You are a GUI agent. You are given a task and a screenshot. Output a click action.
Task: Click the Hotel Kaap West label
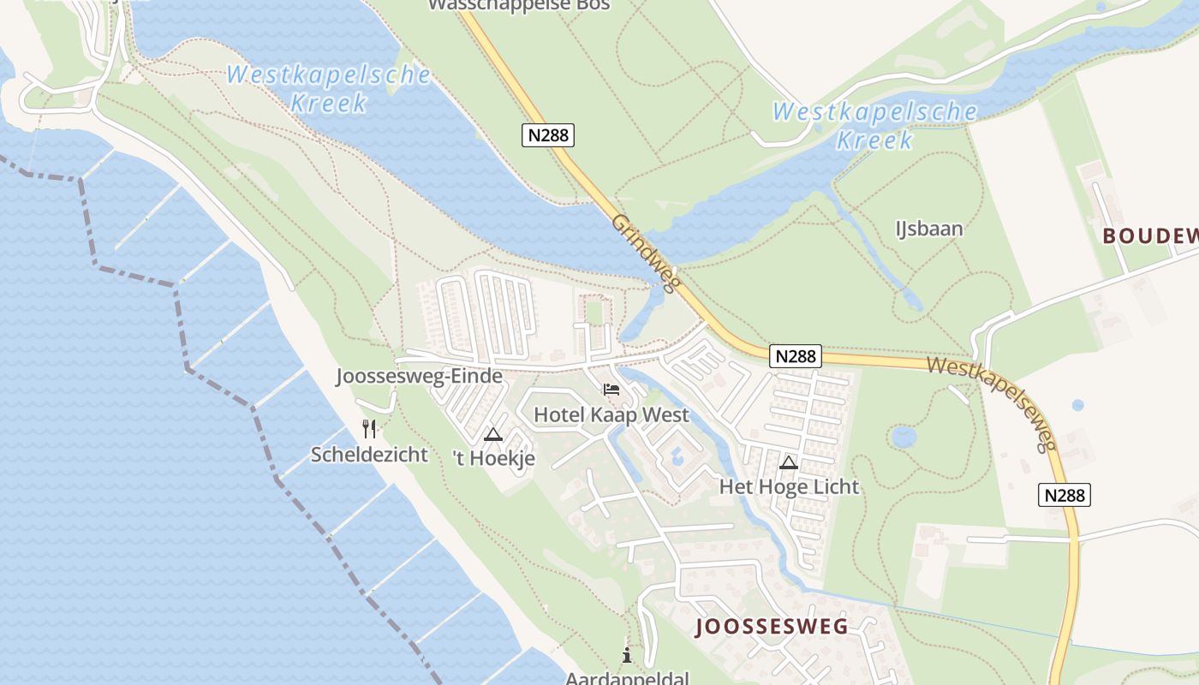(x=611, y=415)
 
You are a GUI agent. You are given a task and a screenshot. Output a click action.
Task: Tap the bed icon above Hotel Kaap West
(x=611, y=390)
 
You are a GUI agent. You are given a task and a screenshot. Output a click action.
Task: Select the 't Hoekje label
(x=494, y=458)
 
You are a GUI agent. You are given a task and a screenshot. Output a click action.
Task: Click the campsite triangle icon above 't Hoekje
(x=492, y=434)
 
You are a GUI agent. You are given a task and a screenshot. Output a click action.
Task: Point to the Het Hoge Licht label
(x=789, y=487)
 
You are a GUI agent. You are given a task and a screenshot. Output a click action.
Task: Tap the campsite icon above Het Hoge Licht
(x=789, y=463)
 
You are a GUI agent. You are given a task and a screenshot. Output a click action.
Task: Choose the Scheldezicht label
(x=369, y=454)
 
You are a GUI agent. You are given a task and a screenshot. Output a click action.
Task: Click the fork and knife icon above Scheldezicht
(x=369, y=428)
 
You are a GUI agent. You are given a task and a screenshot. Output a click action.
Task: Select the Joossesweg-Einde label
(x=419, y=377)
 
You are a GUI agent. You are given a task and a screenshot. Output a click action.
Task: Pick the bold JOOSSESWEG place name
(x=772, y=627)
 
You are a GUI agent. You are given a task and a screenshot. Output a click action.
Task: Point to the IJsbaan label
(x=929, y=229)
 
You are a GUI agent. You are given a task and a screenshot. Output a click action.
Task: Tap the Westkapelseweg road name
(x=990, y=404)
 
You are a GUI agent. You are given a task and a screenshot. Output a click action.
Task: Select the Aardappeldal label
(x=627, y=678)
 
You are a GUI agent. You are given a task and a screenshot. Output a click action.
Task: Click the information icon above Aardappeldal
(x=627, y=656)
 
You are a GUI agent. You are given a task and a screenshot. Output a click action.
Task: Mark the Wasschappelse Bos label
(x=519, y=5)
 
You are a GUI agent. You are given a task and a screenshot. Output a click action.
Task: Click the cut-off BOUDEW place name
(x=1149, y=236)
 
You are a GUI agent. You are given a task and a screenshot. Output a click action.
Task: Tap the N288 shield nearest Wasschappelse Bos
(x=547, y=134)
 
